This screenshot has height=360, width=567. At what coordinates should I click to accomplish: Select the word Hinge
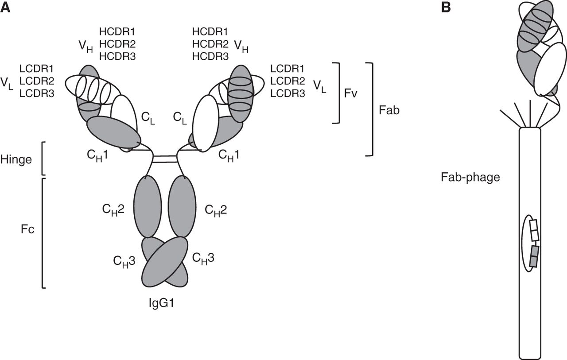pos(16,159)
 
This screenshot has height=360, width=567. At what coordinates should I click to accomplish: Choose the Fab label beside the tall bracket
pos(389,110)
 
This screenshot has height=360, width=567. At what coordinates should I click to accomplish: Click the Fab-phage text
pos(470,178)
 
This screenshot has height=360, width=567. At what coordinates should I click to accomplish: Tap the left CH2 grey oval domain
pos(147,206)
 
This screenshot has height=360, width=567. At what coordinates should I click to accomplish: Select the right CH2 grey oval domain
pos(182,206)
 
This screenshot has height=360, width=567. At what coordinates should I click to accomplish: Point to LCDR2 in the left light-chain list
pos(37,81)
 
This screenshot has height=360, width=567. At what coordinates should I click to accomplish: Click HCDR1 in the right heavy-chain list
pos(210,32)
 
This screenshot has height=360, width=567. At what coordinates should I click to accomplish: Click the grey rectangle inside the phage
pos(535,256)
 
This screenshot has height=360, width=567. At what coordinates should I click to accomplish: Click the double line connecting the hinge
pos(165,159)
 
